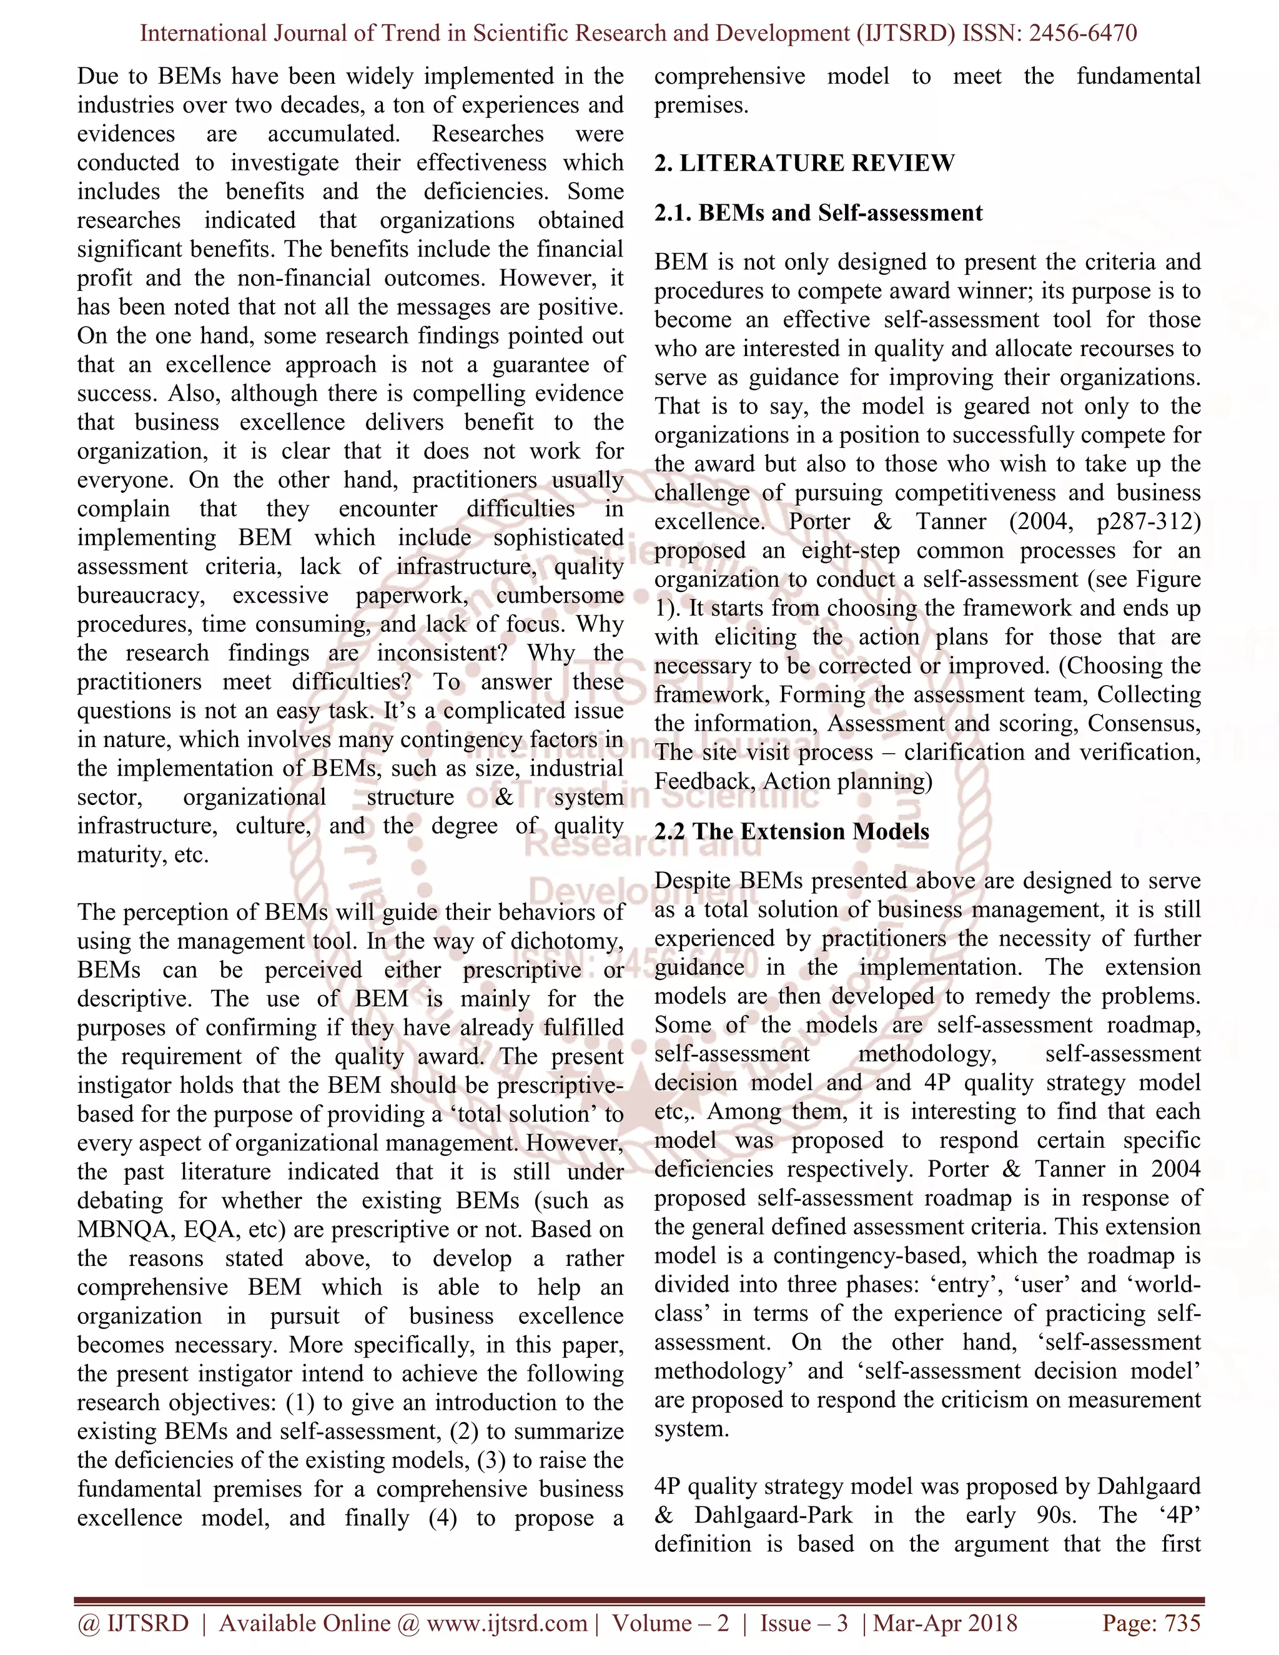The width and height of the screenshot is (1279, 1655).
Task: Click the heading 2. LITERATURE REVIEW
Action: click(804, 163)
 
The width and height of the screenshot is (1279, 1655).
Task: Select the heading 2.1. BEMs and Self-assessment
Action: click(818, 213)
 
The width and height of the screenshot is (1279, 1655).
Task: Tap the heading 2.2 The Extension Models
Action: click(792, 831)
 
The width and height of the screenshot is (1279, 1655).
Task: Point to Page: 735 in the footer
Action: click(1151, 1623)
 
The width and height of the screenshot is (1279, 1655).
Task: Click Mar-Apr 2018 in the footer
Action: click(945, 1623)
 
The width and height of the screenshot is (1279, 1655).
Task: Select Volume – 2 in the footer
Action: click(671, 1623)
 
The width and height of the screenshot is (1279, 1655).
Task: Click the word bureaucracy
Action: click(140, 596)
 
